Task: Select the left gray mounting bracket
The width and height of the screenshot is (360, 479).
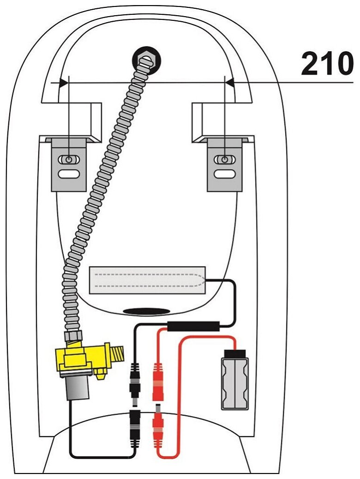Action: (x=68, y=164)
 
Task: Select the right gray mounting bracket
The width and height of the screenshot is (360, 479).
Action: (x=225, y=164)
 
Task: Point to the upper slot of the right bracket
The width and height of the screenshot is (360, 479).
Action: (x=225, y=160)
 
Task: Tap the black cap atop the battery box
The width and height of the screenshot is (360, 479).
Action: (x=235, y=355)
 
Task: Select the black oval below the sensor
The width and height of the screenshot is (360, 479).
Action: (x=146, y=311)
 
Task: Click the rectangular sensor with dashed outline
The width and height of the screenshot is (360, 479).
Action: (x=147, y=281)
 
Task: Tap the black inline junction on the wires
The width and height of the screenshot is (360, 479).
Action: (x=193, y=326)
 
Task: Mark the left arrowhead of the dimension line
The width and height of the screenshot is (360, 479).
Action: (x=64, y=83)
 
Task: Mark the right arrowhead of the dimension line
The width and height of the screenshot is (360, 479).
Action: (x=229, y=83)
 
